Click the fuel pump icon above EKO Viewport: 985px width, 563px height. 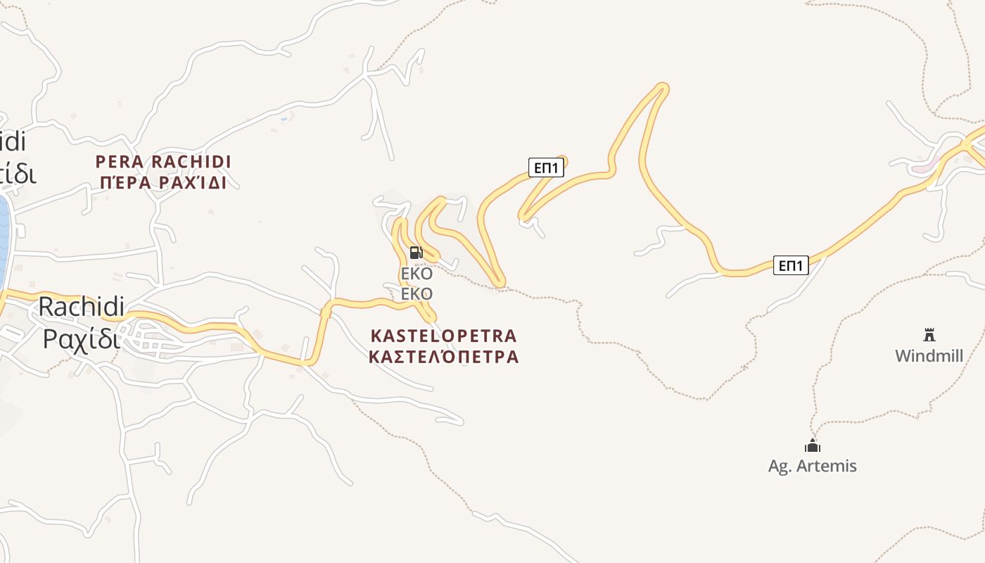[x=416, y=253]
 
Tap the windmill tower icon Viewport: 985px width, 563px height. [x=929, y=334]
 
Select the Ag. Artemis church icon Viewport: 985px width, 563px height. [x=813, y=445]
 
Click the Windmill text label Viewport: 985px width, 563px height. [x=929, y=355]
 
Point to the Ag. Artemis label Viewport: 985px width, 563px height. [x=813, y=465]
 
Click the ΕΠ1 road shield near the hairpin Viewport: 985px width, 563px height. [x=546, y=167]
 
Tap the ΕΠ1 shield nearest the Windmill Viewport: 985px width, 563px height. [x=791, y=265]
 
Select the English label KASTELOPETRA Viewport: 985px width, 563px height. [x=443, y=336]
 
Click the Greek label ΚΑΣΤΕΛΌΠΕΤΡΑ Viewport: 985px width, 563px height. [x=443, y=357]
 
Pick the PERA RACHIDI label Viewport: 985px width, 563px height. [x=163, y=162]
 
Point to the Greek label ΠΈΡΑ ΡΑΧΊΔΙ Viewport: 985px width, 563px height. [x=163, y=183]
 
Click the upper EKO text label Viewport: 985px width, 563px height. [x=417, y=274]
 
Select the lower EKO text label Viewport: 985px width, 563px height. [x=417, y=293]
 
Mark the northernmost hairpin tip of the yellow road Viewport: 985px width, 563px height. [x=661, y=87]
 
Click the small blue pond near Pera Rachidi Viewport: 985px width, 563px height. [x=284, y=118]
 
